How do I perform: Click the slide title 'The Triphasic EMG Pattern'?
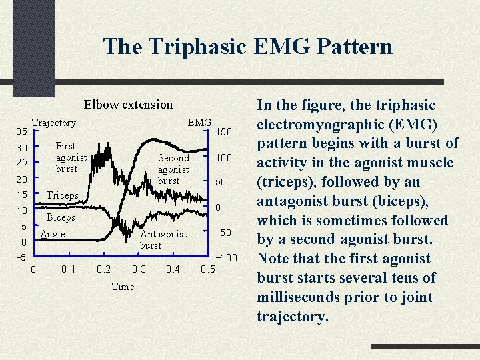pyautogui.click(x=247, y=47)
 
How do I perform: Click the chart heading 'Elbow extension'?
pyautogui.click(x=128, y=104)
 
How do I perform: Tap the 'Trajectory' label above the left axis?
pyautogui.click(x=54, y=123)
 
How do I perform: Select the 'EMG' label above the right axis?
pyautogui.click(x=199, y=123)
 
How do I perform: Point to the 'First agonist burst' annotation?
pyautogui.click(x=71, y=157)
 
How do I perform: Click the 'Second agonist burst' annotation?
pyautogui.click(x=173, y=169)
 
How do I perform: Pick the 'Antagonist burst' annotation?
pyautogui.click(x=163, y=239)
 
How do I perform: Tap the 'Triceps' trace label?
pyautogui.click(x=63, y=195)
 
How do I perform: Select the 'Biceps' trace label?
pyautogui.click(x=61, y=217)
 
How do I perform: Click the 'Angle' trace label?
pyautogui.click(x=53, y=234)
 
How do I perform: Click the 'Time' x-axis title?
pyautogui.click(x=123, y=287)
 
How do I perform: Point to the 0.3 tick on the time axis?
pyautogui.click(x=139, y=269)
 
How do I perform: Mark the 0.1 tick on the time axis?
pyautogui.click(x=68, y=269)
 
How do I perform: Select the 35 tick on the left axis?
pyautogui.click(x=21, y=131)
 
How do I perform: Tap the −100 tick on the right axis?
pyautogui.click(x=225, y=257)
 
